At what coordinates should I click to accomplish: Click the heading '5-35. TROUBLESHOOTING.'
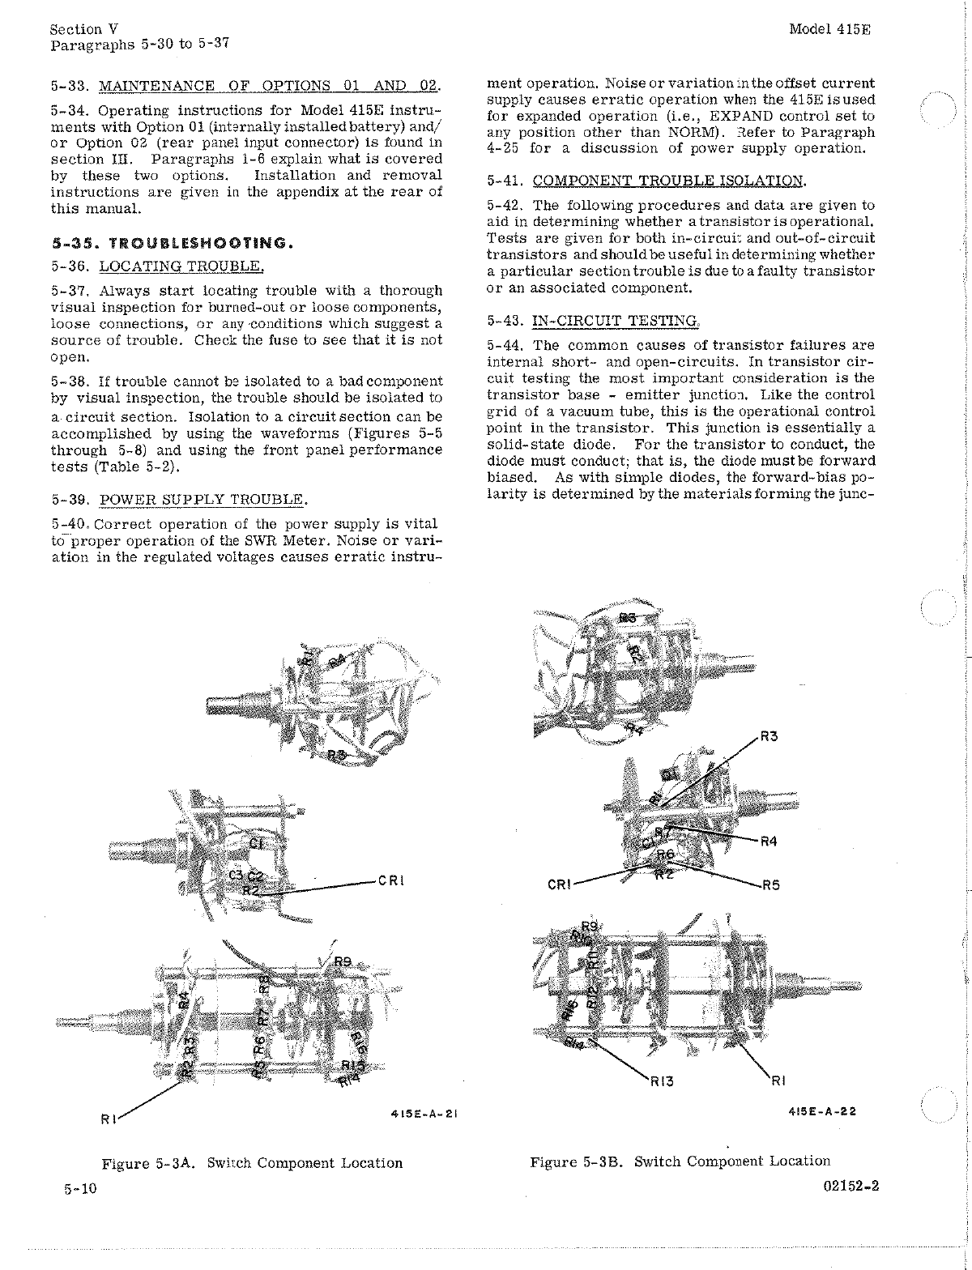click(x=170, y=243)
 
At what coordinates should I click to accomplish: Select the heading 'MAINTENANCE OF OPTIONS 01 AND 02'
click(x=268, y=86)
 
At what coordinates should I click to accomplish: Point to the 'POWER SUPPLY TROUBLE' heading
click(x=202, y=499)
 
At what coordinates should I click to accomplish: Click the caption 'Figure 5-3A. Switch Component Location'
click(x=252, y=1163)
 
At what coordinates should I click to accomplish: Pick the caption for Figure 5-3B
click(x=680, y=1161)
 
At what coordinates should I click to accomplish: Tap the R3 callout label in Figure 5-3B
click(x=769, y=736)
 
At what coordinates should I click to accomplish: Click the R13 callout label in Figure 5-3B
click(x=662, y=1080)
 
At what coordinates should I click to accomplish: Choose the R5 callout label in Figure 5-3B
click(x=770, y=884)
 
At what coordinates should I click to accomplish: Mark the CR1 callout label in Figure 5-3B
click(x=560, y=884)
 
